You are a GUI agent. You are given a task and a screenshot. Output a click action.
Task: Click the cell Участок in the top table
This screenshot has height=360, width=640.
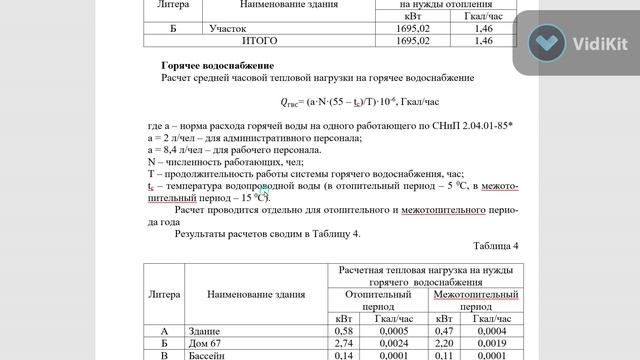[x=229, y=28]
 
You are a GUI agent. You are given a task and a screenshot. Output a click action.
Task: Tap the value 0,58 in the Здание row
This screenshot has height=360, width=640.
[x=343, y=330]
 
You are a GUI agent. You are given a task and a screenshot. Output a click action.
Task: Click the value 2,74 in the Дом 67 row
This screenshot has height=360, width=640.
[x=343, y=342]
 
